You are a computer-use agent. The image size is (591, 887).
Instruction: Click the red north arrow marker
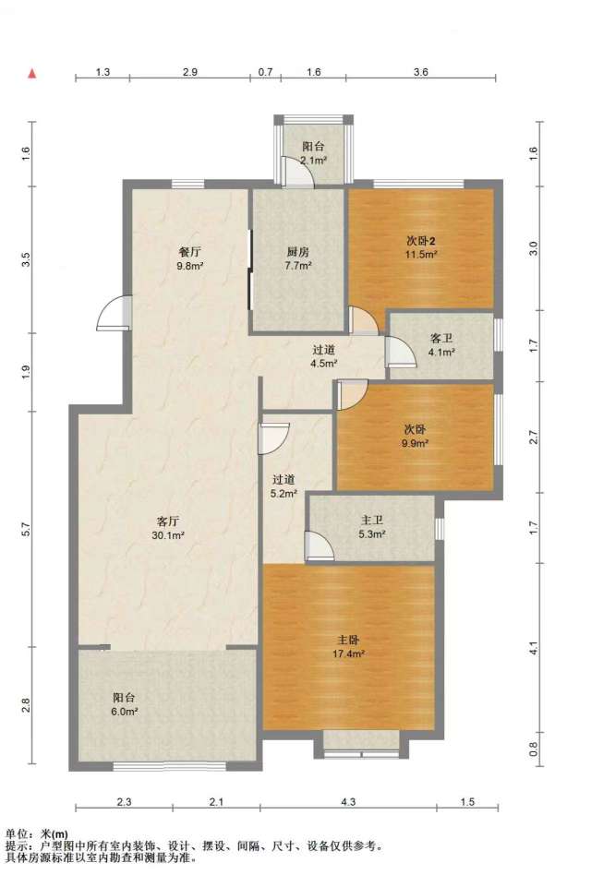click(x=33, y=74)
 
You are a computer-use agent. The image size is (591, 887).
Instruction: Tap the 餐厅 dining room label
click(x=189, y=251)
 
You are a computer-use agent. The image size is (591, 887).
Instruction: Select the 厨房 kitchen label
click(x=297, y=251)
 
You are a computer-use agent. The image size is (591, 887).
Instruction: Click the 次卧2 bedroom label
click(x=420, y=240)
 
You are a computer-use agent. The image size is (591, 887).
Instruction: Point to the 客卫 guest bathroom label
click(x=441, y=339)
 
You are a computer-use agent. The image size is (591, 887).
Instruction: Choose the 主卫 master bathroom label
click(x=372, y=520)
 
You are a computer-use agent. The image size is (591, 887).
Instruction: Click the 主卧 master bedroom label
click(x=348, y=640)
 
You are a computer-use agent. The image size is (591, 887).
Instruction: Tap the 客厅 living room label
click(x=167, y=521)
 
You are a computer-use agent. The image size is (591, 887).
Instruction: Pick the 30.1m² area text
click(x=168, y=534)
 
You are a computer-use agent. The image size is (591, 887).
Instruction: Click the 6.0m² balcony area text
click(x=125, y=713)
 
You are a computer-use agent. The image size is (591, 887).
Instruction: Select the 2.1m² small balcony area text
click(x=314, y=160)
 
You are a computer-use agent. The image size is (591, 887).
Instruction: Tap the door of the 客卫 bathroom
click(x=400, y=351)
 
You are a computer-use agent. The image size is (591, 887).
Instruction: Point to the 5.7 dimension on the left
click(x=25, y=530)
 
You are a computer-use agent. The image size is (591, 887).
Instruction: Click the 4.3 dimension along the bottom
click(x=349, y=801)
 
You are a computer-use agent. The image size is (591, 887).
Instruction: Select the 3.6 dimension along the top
click(x=420, y=72)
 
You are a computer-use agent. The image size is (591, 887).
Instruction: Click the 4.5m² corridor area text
click(x=324, y=364)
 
